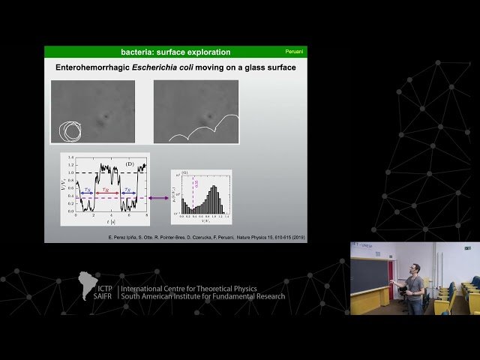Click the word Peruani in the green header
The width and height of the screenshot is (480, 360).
tap(294, 52)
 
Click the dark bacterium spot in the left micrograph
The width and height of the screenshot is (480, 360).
tap(106, 117)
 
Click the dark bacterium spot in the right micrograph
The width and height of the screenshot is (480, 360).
tap(208, 116)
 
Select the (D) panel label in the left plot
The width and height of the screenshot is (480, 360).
tap(130, 163)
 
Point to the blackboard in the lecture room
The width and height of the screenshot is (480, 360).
tap(368, 274)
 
